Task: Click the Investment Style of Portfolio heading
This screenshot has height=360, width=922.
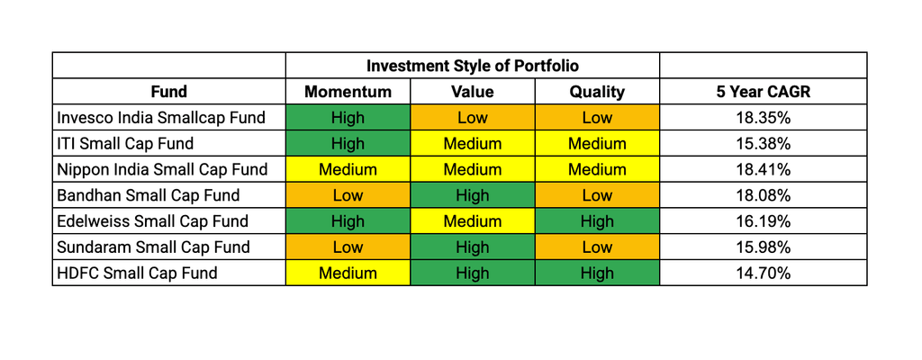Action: coord(472,66)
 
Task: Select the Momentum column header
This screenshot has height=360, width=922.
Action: coord(348,92)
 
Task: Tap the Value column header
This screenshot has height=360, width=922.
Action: coord(472,92)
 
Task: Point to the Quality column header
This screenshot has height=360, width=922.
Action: coord(597,92)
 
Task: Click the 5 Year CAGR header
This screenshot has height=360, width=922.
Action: coord(763,92)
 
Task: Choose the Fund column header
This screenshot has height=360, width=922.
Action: coord(168,92)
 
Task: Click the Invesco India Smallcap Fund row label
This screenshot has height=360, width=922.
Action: coord(161,118)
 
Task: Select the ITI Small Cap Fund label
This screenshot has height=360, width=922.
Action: coord(125,143)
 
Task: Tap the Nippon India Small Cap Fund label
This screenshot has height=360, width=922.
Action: coord(162,169)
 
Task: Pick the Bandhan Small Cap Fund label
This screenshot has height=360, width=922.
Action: coord(149,195)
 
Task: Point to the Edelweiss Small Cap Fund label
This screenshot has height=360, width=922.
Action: coord(153,221)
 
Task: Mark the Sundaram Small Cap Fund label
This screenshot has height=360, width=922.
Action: coord(153,247)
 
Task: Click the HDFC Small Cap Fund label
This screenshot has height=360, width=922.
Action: coord(137,273)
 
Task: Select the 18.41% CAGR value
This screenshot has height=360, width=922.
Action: coord(763,169)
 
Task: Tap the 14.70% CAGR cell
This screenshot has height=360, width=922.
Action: coord(763,273)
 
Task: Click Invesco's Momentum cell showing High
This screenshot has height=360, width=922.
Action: coord(348,118)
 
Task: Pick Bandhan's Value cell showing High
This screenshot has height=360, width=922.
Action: coord(472,195)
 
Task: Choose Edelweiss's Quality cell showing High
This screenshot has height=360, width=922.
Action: coord(597,221)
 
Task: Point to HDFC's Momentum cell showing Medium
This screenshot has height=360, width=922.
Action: coord(348,273)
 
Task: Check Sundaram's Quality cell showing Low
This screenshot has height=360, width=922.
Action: coord(597,247)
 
